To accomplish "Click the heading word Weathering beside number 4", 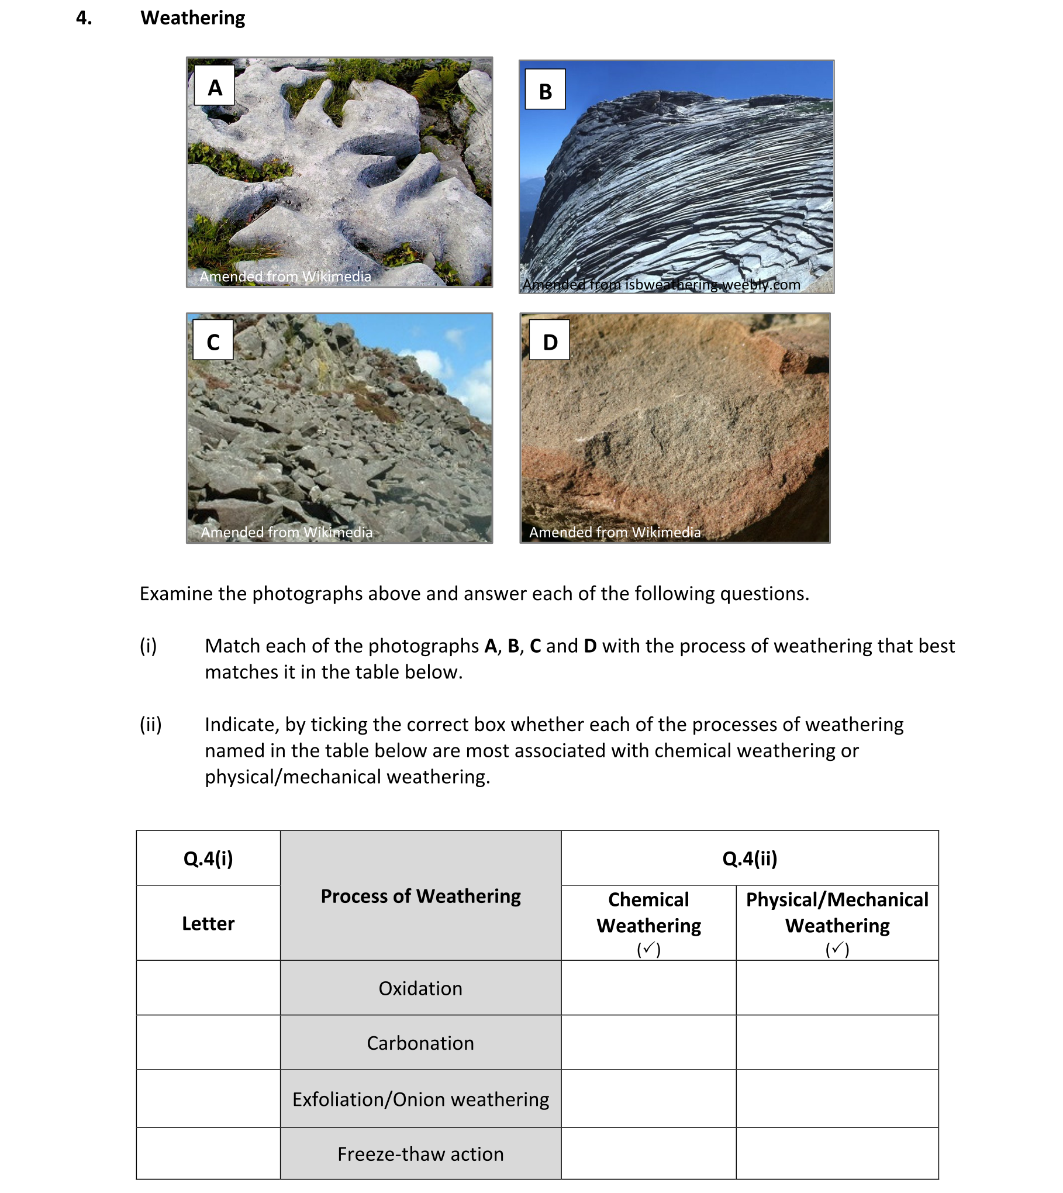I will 192,18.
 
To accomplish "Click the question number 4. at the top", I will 84,18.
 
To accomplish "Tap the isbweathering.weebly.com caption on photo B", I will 661,284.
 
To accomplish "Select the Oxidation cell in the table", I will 420,988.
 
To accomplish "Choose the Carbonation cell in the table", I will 420,1043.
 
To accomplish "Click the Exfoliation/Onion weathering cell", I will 420,1099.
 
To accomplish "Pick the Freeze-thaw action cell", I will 420,1154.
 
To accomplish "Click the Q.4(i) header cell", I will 208,858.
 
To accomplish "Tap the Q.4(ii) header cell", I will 749,858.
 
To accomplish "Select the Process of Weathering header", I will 420,895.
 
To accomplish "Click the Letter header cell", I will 208,923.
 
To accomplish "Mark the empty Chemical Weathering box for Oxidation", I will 648,988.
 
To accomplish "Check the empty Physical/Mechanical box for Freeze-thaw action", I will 837,1154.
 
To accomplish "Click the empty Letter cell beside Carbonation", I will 208,1043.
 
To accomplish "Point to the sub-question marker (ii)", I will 150,724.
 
